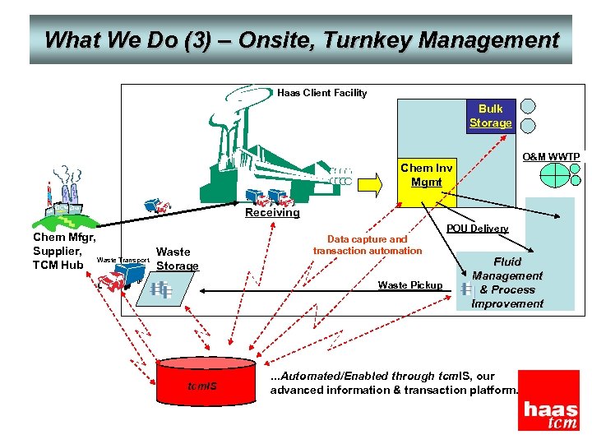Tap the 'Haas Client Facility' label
click(x=321, y=93)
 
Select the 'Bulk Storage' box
click(x=491, y=116)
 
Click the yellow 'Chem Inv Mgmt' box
click(x=427, y=175)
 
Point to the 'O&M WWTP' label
click(x=551, y=156)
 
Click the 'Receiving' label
click(x=273, y=212)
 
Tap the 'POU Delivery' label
click(x=477, y=229)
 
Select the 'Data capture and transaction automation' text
click(x=368, y=245)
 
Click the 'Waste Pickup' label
click(x=409, y=285)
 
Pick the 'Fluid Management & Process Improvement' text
click(x=507, y=283)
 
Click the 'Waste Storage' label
click(x=177, y=259)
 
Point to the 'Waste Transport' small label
click(x=123, y=261)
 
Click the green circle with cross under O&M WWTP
click(x=556, y=175)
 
